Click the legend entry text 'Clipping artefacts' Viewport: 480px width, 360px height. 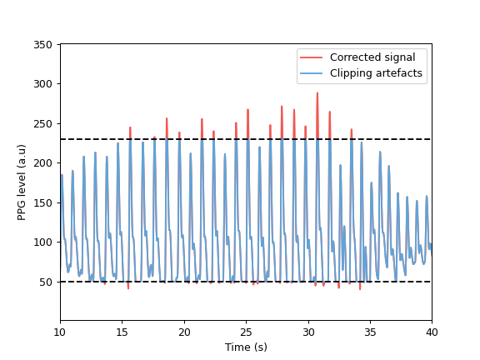tap(376, 73)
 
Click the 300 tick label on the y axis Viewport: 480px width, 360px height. tap(45, 84)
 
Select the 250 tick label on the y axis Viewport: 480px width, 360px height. tap(45, 123)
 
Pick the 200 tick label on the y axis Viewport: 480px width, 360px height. tap(45, 163)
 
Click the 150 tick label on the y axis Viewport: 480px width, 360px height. tap(45, 202)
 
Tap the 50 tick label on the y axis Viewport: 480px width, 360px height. tap(47, 282)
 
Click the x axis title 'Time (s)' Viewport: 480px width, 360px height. tap(246, 347)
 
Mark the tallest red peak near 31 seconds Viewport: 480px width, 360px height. tap(317, 93)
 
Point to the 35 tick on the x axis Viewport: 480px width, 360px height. tap(370, 321)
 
